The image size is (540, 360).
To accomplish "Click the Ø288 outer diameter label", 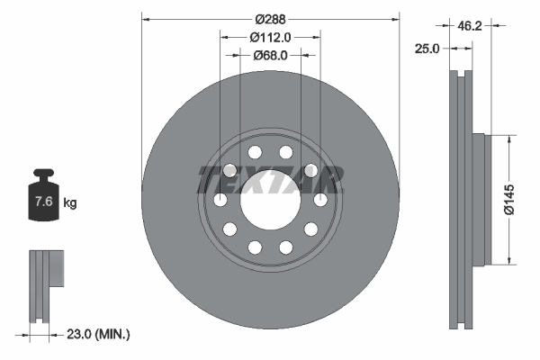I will pyautogui.click(x=270, y=19).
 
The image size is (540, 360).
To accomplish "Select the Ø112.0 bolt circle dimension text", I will pyautogui.click(x=270, y=37).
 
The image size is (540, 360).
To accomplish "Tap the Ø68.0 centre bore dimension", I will pyautogui.click(x=270, y=55).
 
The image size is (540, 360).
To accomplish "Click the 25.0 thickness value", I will pyautogui.click(x=428, y=49).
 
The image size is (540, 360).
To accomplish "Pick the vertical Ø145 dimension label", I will pyautogui.click(x=508, y=199).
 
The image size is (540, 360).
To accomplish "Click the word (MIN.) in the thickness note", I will pyautogui.click(x=114, y=335).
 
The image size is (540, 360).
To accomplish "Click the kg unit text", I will pyautogui.click(x=70, y=203).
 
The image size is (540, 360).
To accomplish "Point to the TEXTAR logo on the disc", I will pyautogui.click(x=270, y=180).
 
